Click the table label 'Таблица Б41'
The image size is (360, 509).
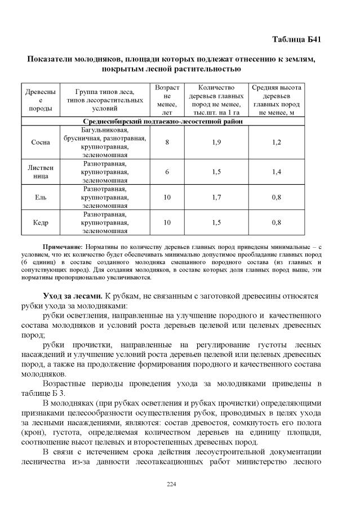coord(296,39)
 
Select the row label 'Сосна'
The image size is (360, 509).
coord(41,142)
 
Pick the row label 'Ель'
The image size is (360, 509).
coord(41,198)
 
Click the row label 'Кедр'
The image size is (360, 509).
coord(41,222)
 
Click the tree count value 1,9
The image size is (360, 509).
coord(216,142)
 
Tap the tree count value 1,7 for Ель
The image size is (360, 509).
coord(216,198)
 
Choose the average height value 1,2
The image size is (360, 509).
coord(276,142)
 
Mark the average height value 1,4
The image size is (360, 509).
coord(276,172)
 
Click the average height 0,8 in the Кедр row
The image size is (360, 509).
coord(276,222)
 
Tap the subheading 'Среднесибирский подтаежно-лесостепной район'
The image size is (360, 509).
coord(163,121)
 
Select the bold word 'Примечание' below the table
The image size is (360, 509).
coord(63,247)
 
